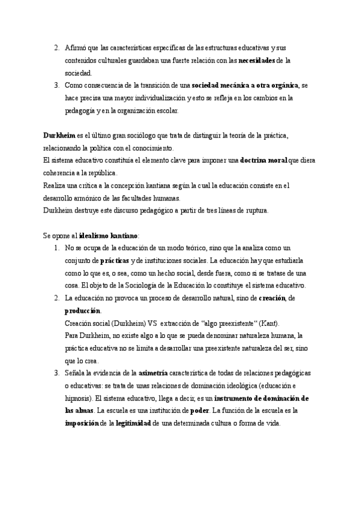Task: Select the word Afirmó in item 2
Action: pos(75,47)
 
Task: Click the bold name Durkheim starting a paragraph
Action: pos(59,136)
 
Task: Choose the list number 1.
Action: pos(56,248)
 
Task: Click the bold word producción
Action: pos(83,310)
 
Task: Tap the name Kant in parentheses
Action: pos(267,323)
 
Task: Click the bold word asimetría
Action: pos(155,373)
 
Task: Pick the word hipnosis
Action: pos(79,398)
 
